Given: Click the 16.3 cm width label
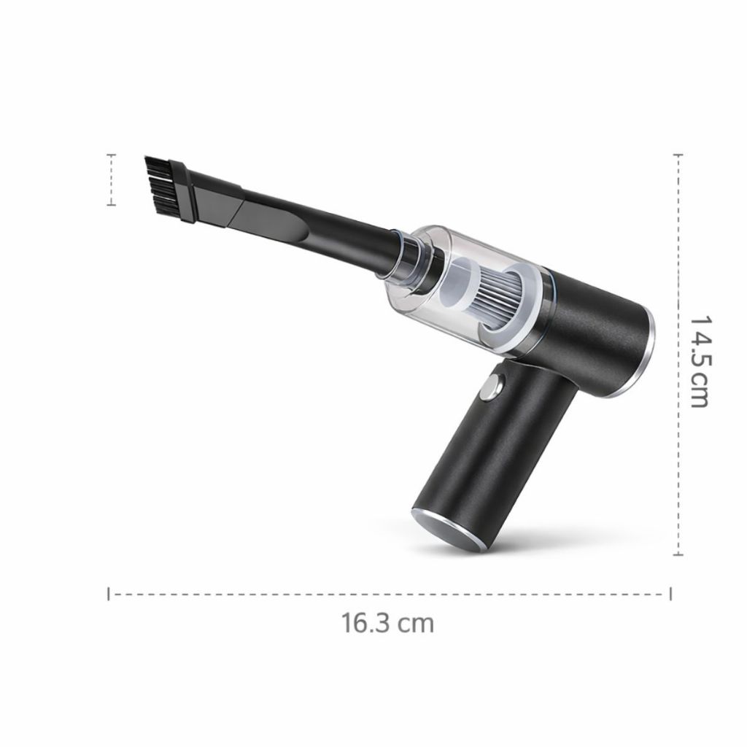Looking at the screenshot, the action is click(387, 623).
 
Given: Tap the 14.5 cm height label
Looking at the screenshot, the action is click(700, 360).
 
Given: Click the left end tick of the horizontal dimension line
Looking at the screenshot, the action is click(109, 594).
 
